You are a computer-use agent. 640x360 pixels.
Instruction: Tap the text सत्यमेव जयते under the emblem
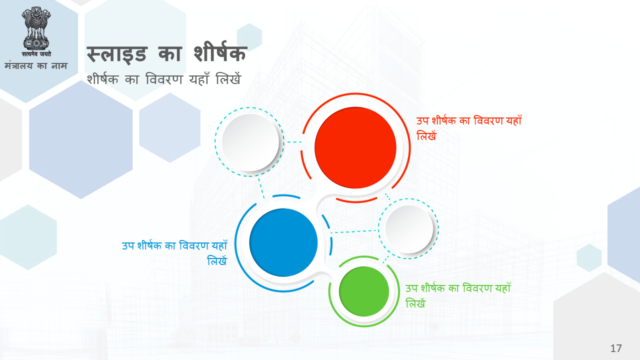coord(36,53)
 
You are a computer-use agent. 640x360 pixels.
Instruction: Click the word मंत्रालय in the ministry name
coord(18,65)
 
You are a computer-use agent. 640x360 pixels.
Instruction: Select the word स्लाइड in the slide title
coord(117,54)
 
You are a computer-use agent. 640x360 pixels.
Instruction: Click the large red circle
coord(355,147)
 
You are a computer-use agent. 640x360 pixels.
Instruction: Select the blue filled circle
coord(283,242)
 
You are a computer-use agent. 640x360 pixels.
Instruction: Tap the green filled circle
coord(364,291)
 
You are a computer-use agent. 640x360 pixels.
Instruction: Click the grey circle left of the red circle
coord(250,142)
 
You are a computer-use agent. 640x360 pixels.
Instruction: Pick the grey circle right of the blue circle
coord(409,229)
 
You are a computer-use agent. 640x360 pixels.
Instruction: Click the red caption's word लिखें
coord(426,135)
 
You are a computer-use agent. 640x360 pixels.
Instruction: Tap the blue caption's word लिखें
coord(217,261)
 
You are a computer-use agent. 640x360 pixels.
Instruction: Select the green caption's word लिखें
coord(415,303)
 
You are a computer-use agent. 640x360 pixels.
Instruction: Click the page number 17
coord(616,348)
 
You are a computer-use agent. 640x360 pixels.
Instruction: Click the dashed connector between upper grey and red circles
coord(294,141)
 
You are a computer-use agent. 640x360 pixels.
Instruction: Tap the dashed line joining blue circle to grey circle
coord(355,231)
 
